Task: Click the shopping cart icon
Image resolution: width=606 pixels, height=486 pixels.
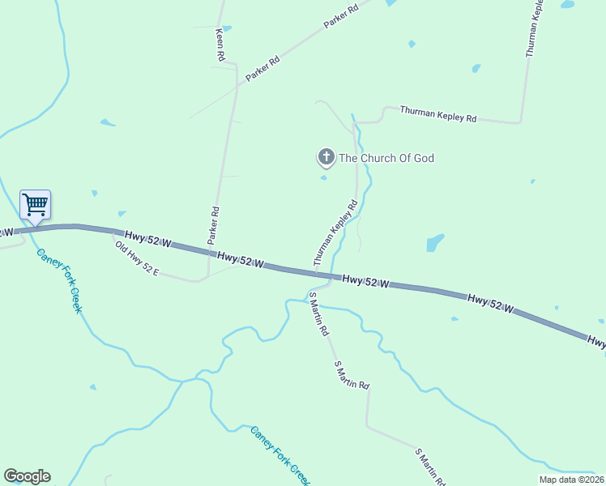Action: tap(35, 204)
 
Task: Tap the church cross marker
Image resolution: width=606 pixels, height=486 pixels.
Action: tap(326, 157)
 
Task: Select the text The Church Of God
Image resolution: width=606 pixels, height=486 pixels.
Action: tap(386, 158)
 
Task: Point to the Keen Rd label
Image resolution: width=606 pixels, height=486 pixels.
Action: tap(219, 46)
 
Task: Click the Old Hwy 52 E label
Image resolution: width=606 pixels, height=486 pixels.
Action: tap(136, 259)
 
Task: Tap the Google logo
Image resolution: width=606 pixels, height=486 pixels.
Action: tap(27, 476)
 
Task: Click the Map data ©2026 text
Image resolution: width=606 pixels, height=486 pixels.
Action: tap(571, 480)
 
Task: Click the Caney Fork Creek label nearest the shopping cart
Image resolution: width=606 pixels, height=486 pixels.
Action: tap(58, 280)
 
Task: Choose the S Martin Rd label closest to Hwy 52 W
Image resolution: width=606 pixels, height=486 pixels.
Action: tap(318, 318)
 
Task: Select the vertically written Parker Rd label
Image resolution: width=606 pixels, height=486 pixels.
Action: tap(214, 225)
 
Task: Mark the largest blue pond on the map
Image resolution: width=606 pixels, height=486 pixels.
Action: tap(435, 242)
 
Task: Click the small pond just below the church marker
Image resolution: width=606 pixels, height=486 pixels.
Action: tap(324, 178)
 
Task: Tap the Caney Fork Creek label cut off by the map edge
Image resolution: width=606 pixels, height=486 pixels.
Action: tap(280, 455)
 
